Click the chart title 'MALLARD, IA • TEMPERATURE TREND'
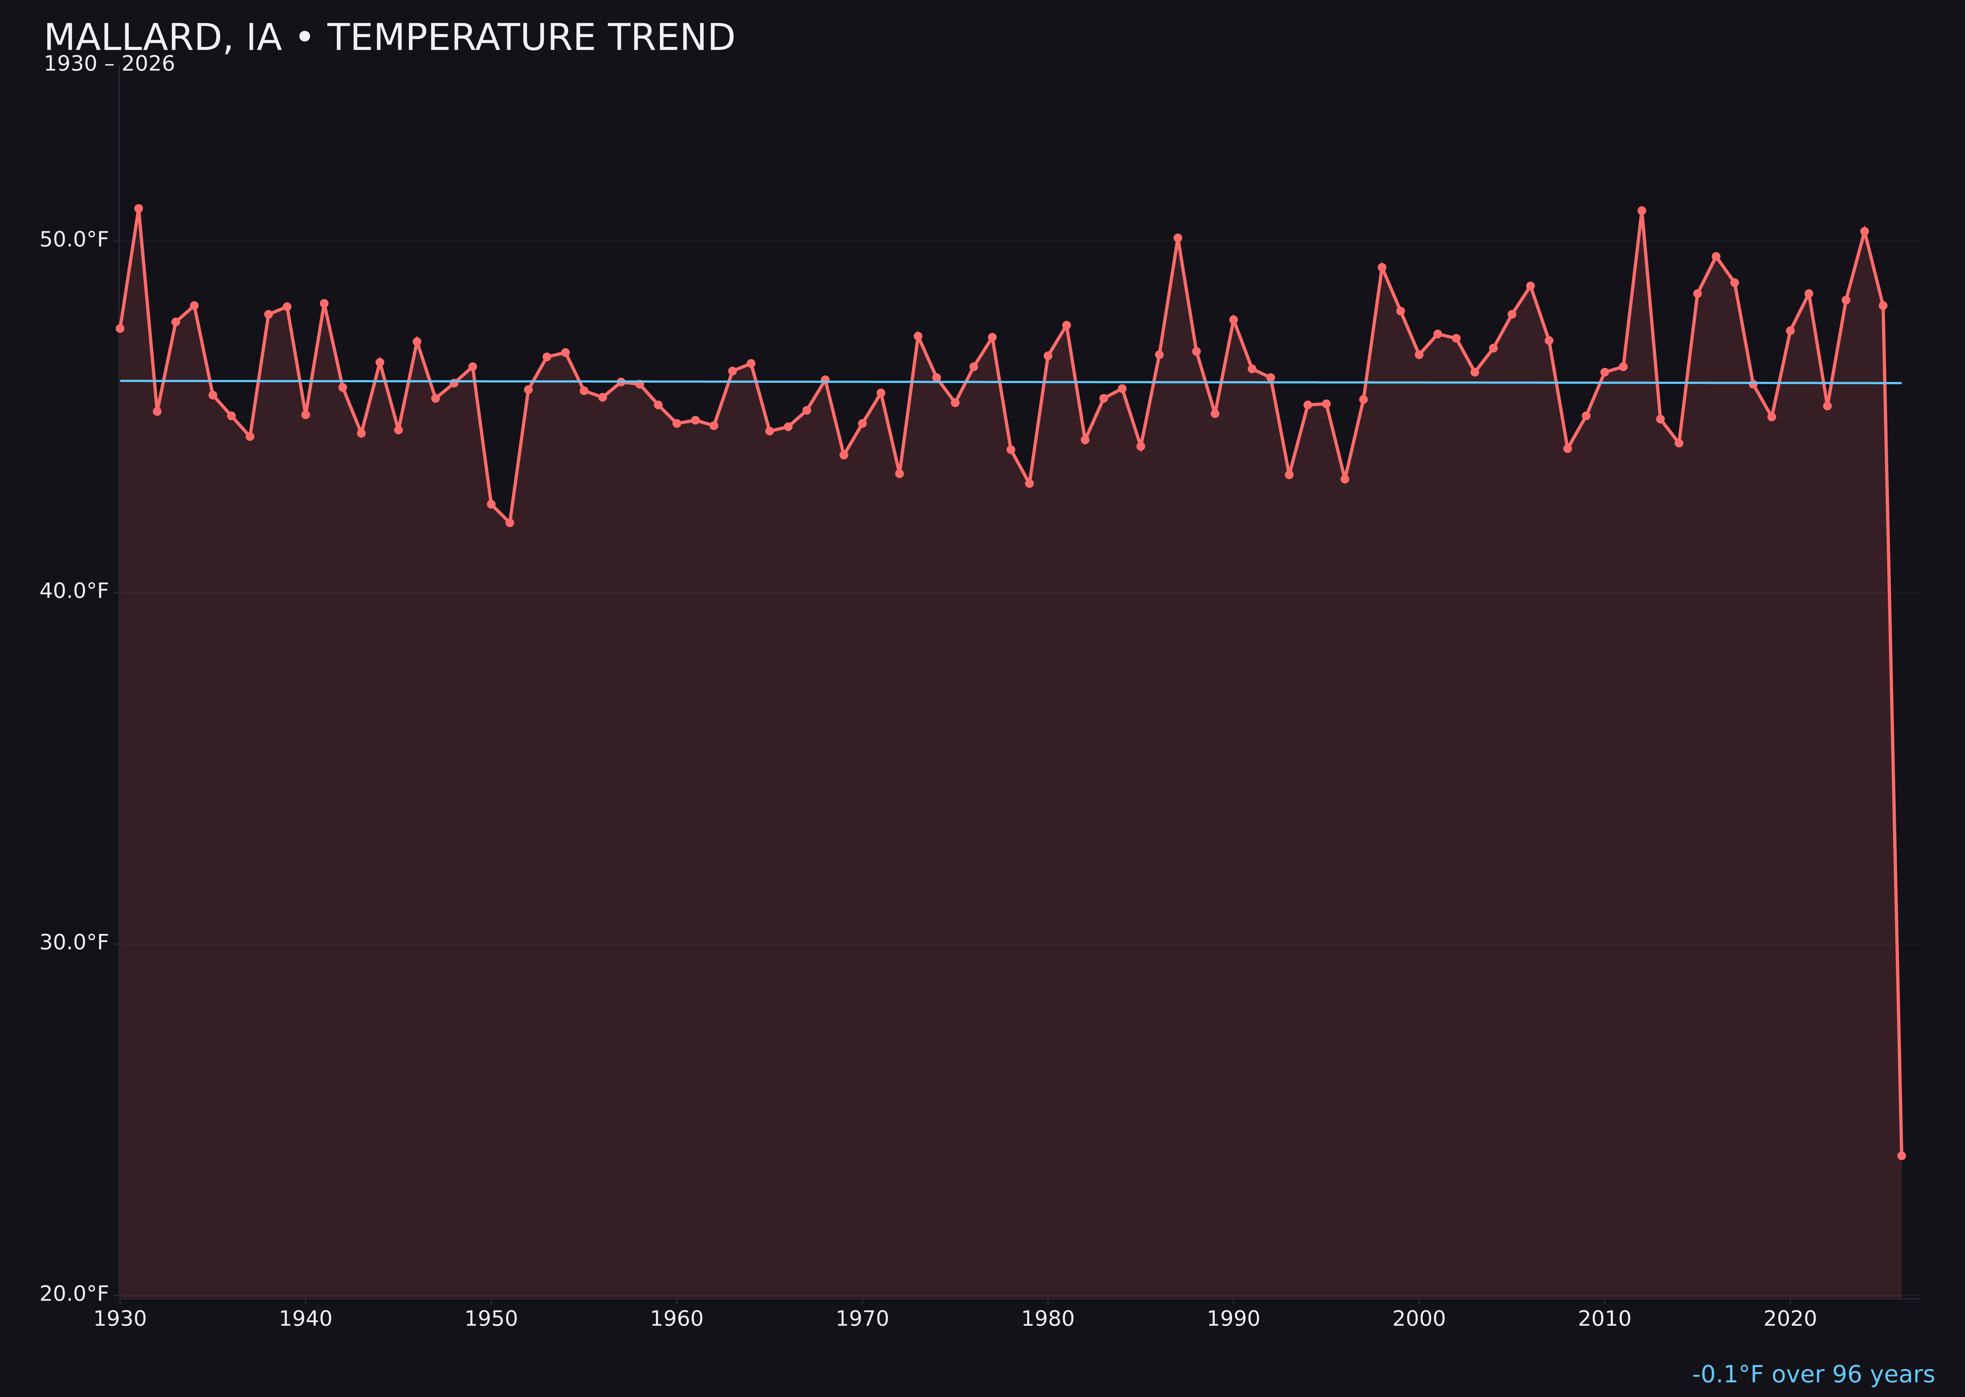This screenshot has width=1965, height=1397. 389,38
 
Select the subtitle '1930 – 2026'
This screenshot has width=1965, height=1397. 109,64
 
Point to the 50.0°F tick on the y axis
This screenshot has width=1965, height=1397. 74,239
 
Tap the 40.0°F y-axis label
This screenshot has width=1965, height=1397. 74,591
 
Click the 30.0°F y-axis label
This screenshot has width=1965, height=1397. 74,943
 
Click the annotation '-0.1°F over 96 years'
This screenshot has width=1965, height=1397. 1813,1374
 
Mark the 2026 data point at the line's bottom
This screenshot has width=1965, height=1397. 1901,1155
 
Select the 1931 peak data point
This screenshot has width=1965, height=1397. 139,208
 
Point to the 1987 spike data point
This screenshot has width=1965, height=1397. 1178,238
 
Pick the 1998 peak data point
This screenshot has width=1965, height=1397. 1382,268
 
